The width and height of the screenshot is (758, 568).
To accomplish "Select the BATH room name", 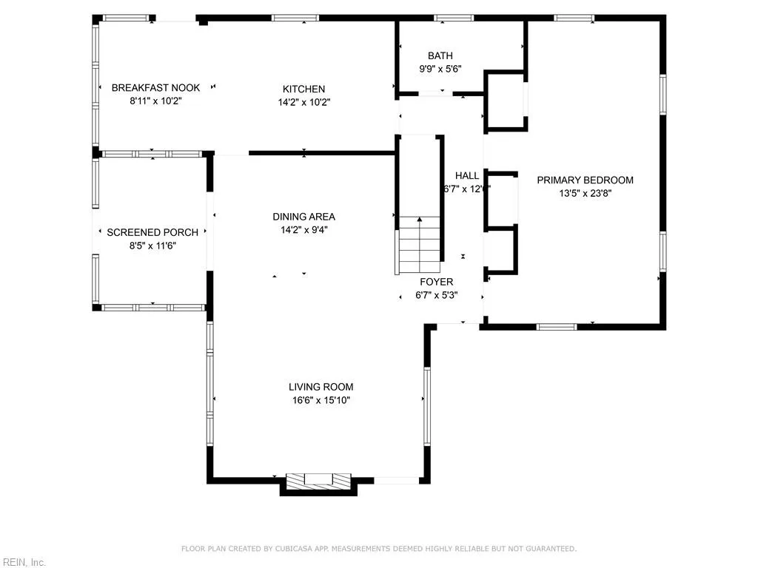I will tap(440, 55).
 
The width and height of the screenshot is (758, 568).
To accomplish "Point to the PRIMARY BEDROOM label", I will tap(585, 180).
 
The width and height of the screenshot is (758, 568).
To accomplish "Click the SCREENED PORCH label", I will tap(152, 232).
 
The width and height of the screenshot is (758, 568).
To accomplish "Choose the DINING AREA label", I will tap(303, 217).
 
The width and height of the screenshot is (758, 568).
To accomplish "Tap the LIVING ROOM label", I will tap(321, 387).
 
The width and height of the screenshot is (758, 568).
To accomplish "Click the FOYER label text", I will tap(436, 282).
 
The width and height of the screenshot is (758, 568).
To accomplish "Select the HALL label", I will tap(466, 176).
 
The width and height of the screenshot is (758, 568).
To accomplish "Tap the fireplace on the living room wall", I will tap(318, 480).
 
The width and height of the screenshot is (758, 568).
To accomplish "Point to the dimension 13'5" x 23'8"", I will tap(585, 193).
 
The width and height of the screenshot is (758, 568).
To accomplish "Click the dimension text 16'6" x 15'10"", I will tap(321, 400).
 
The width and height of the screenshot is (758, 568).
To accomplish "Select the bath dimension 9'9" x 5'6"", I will tap(440, 69).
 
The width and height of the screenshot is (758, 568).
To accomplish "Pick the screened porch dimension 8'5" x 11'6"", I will tap(152, 246).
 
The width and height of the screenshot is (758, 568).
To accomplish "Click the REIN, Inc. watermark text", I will tap(23, 563).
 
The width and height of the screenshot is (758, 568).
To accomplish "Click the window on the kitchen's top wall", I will tap(295, 18).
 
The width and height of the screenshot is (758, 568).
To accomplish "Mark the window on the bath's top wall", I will tap(453, 18).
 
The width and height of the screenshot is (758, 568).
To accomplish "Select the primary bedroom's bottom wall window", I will tap(556, 326).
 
